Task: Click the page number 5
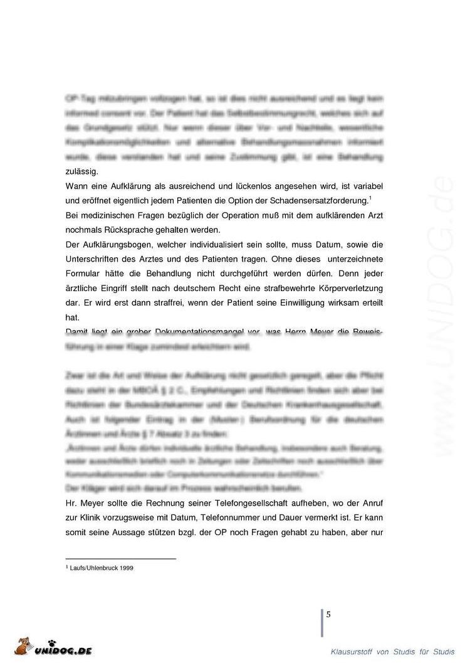328,614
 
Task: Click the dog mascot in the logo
23,646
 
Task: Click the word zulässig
81,171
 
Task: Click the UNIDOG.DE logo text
63,650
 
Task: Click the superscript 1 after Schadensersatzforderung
371,198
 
